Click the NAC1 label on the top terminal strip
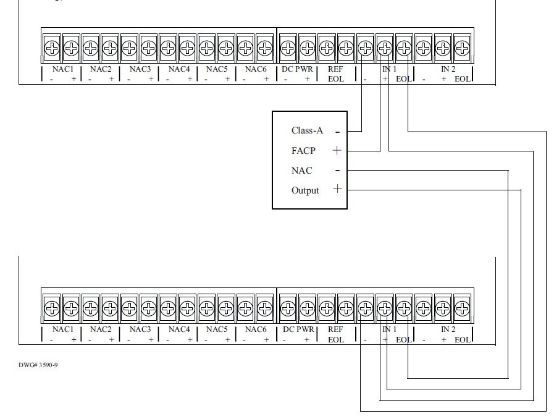(62, 69)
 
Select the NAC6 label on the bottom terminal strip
(255, 329)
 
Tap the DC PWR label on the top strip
(298, 69)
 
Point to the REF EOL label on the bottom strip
(335, 334)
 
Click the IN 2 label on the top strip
(448, 69)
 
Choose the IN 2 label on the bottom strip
(448, 329)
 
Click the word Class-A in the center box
(307, 130)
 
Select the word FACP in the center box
(303, 151)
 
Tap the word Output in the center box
(305, 190)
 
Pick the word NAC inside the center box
(301, 171)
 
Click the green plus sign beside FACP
(337, 150)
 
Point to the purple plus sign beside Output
(337, 189)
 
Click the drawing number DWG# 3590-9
(38, 365)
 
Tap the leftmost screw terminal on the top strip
(52, 47)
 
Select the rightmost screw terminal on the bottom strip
(462, 307)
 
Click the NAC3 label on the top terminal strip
(140, 69)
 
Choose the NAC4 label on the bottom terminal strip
(178, 329)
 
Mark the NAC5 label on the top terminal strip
(217, 69)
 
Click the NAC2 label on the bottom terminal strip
(101, 329)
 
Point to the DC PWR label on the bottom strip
(298, 329)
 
